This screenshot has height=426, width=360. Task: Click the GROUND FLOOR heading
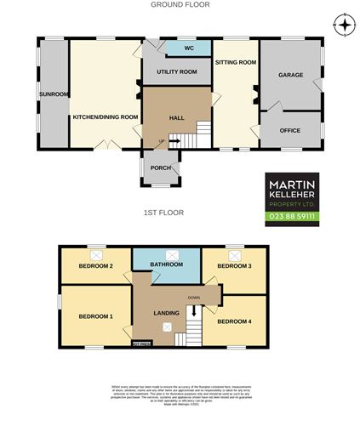click(x=180, y=5)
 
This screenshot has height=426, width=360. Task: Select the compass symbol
click(x=343, y=25)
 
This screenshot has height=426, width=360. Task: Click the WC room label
click(x=176, y=49)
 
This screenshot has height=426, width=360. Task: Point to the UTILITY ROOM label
click(x=176, y=72)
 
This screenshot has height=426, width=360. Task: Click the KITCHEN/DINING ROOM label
click(x=105, y=116)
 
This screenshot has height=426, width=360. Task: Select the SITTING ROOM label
click(x=234, y=63)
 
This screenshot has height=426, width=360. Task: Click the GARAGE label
click(x=290, y=76)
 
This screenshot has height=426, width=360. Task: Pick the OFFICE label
click(x=290, y=130)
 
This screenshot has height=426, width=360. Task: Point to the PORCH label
click(x=161, y=168)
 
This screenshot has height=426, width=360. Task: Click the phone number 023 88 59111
click(x=292, y=218)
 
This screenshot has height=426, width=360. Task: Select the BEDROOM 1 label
click(x=95, y=317)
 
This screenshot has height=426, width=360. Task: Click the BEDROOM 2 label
click(x=96, y=267)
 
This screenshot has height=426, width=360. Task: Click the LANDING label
click(x=166, y=314)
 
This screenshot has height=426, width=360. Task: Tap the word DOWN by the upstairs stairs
click(x=194, y=298)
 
